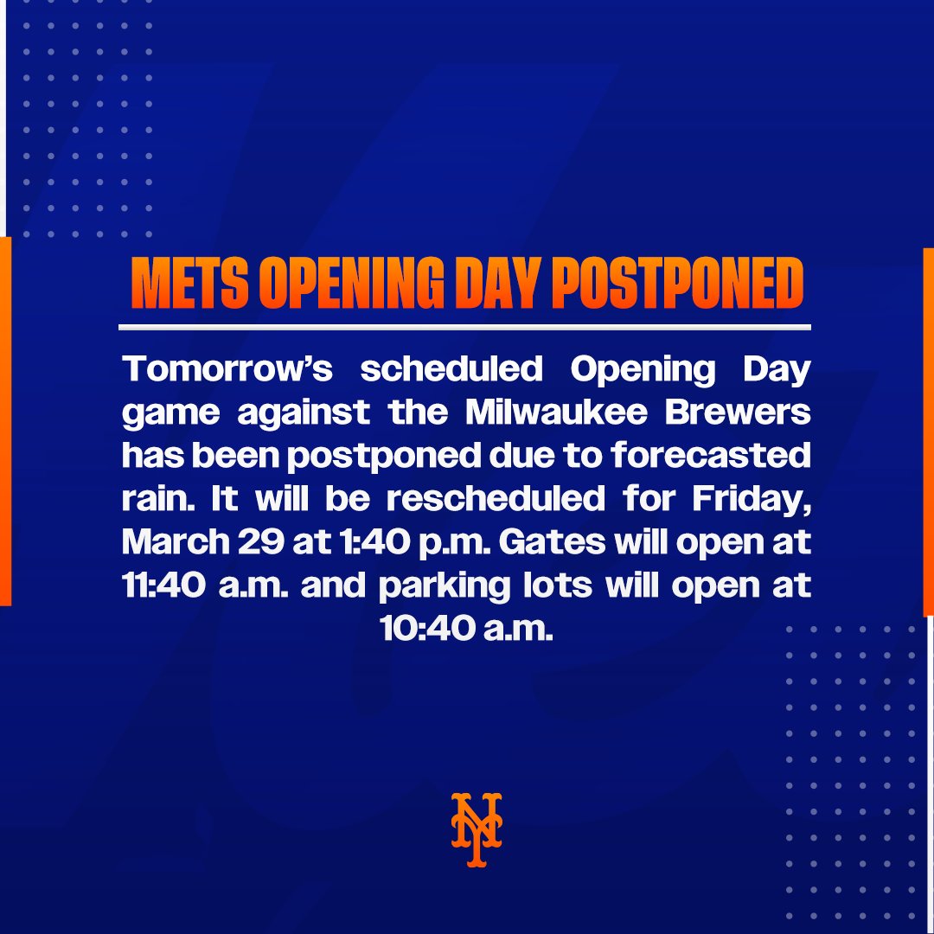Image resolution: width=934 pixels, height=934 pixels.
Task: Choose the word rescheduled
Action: (495, 499)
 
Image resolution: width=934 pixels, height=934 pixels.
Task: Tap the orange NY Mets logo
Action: (476, 828)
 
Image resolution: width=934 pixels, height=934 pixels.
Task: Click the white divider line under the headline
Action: (464, 328)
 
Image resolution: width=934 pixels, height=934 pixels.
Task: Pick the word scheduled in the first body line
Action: (451, 370)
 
